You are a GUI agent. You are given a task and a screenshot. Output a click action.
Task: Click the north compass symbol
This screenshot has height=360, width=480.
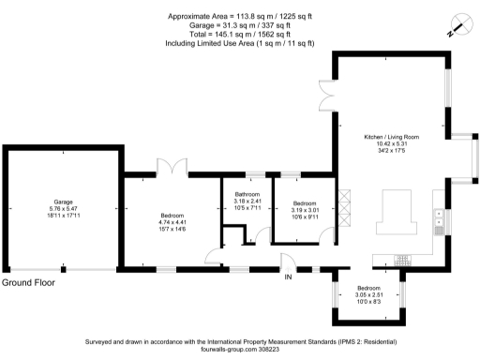click(457, 25)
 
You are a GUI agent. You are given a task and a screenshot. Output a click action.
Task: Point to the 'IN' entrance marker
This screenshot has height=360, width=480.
click(289, 277)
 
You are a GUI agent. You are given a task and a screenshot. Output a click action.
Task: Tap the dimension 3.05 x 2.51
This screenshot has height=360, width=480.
click(368, 295)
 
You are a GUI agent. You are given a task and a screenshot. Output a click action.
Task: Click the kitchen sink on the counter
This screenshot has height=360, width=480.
click(439, 220)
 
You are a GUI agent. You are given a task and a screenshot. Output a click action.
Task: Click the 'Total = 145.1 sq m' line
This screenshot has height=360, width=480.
click(239, 35)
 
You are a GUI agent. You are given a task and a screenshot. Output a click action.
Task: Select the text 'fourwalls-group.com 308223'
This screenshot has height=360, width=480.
click(240, 350)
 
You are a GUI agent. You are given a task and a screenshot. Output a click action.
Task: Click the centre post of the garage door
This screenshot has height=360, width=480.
click(63, 270)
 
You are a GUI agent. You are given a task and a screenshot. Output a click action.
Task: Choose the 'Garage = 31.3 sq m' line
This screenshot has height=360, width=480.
click(239, 26)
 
